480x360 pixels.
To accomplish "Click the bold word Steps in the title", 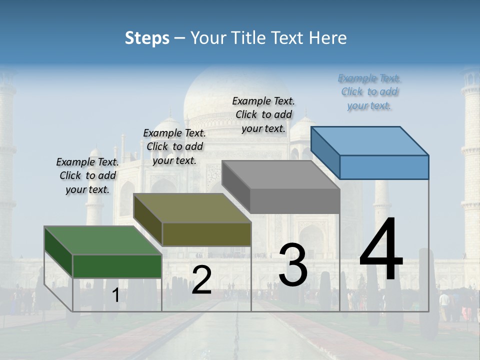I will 147,38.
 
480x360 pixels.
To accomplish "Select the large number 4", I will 381,250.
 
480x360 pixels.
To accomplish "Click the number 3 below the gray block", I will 293,265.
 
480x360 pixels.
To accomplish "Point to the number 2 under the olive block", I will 201,280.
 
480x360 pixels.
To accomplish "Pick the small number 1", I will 115,295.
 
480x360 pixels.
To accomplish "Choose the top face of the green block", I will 103,240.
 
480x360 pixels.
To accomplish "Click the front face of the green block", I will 117,266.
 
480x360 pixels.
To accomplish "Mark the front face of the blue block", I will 384,167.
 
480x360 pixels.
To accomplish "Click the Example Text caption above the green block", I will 88,175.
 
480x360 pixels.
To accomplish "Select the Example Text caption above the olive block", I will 174,146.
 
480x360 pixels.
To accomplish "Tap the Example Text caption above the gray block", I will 263,114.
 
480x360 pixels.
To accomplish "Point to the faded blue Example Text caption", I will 369,91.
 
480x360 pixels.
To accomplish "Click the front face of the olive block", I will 206,234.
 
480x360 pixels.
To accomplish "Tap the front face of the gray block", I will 295,201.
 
